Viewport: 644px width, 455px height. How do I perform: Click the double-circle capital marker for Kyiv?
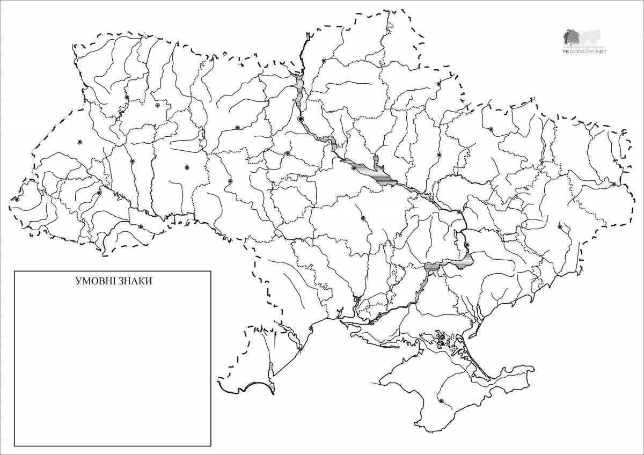point(301,118)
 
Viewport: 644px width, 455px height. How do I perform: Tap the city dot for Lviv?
point(79,142)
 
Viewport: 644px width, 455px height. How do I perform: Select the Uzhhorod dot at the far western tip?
point(17,199)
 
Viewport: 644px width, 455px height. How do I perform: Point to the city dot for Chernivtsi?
point(141,227)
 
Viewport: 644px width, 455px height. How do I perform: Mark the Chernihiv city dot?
point(324,61)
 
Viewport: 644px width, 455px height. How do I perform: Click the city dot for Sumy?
point(438,84)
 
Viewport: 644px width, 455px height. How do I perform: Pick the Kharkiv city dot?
point(491,129)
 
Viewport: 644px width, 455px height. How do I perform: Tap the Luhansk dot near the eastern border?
point(613,184)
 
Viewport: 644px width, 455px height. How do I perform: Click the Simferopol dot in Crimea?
point(441,401)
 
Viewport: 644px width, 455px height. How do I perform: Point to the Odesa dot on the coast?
point(310,328)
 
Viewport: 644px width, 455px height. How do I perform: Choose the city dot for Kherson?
point(379,314)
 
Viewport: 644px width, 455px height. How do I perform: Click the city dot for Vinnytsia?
point(230,181)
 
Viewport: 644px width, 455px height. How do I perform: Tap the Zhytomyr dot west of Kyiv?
point(237,128)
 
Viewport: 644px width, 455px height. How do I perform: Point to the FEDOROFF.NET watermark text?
point(584,52)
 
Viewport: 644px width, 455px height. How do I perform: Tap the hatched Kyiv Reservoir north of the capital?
point(299,89)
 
